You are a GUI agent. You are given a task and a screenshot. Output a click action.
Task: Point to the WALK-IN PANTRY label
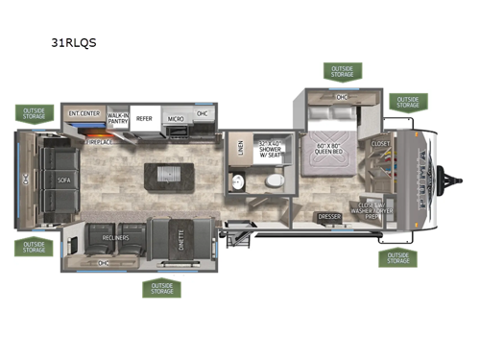[118, 117]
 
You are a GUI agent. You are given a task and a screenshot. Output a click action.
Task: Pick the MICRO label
[176, 118]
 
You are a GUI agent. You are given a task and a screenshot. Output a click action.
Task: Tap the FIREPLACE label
[99, 141]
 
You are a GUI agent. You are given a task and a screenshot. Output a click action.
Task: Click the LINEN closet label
[240, 149]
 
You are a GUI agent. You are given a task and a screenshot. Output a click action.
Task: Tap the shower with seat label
[273, 147]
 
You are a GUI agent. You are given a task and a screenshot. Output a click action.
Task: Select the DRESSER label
[330, 216]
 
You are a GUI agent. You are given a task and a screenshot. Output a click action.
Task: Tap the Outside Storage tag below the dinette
[160, 287]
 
